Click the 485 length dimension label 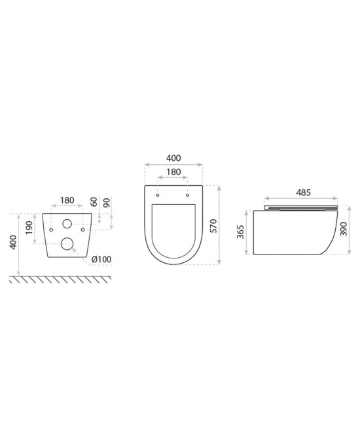pyautogui.click(x=304, y=192)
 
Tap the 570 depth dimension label pyautogui.click(x=213, y=226)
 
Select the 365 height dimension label pyautogui.click(x=241, y=232)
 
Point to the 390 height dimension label pyautogui.click(x=344, y=229)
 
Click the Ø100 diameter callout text pyautogui.click(x=101, y=259)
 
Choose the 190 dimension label pyautogui.click(x=29, y=228)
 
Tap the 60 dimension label pyautogui.click(x=94, y=202)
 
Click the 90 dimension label pyautogui.click(x=107, y=202)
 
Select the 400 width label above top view pyautogui.click(x=173, y=158)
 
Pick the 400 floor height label pyautogui.click(x=13, y=243)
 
